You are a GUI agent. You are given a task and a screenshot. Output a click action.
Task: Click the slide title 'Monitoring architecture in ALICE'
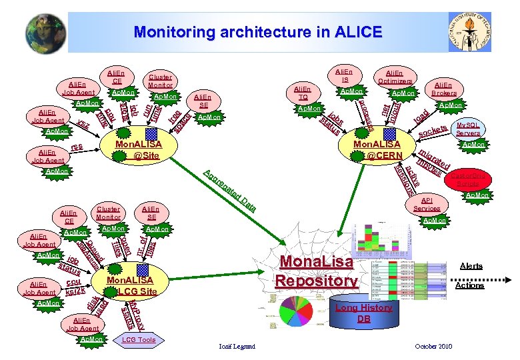257,32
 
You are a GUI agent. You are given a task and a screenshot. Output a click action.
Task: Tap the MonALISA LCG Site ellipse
131,285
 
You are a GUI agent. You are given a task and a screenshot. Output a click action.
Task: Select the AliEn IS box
343,75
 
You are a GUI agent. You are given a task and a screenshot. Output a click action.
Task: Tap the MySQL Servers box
469,129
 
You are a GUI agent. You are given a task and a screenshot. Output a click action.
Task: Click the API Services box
427,204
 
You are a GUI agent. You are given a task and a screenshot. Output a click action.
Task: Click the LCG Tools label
139,340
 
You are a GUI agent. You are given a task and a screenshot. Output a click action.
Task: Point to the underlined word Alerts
472,265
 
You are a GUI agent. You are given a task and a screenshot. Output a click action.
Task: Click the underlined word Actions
471,285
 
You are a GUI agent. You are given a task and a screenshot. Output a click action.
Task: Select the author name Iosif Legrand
237,347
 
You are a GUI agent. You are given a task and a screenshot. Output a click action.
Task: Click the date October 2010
433,347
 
